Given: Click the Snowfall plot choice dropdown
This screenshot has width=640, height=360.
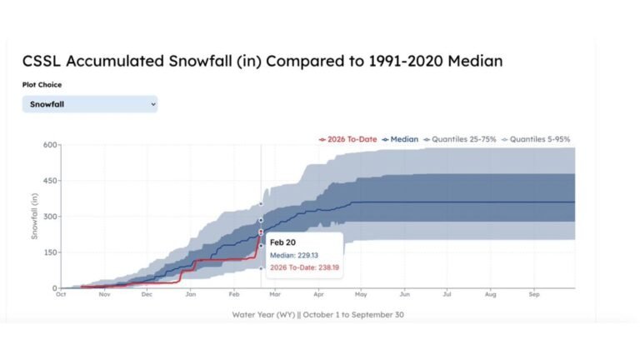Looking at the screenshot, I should point(89,104).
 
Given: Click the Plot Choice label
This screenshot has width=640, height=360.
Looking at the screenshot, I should point(42,84).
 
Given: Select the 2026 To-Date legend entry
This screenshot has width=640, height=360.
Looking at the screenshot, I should point(347,139).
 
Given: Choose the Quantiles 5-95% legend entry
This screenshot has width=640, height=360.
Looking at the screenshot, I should point(537,139).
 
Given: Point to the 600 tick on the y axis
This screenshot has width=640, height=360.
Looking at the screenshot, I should point(49,146).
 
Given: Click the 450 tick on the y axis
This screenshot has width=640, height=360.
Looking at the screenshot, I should point(49,182).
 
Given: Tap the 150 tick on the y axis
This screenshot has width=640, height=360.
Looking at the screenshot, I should point(49,252).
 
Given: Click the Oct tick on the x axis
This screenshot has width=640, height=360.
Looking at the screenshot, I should point(61,294).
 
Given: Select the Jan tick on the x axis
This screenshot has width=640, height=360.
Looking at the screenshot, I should point(191,294).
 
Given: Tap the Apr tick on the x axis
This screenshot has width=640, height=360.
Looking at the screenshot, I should point(317,294).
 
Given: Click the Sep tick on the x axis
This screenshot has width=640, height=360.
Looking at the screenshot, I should point(534,294).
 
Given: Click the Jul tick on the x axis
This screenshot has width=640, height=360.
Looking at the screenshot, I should point(447,294).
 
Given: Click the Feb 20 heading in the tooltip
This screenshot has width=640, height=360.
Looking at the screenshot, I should point(282,242).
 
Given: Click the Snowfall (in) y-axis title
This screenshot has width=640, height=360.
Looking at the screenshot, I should point(35,217).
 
